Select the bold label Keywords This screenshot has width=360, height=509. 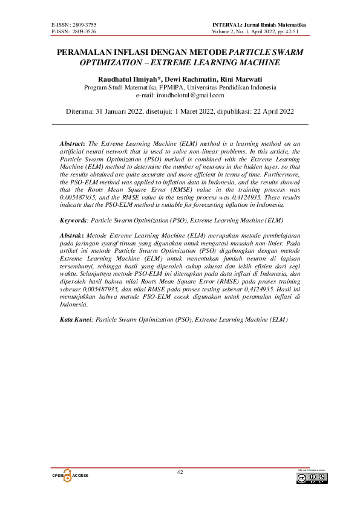pos(73,221)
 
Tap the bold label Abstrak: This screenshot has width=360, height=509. pos(73,233)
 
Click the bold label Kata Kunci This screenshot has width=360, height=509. pos(75,319)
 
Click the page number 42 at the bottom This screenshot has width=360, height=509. pos(180,472)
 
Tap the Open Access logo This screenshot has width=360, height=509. pos(70,476)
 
